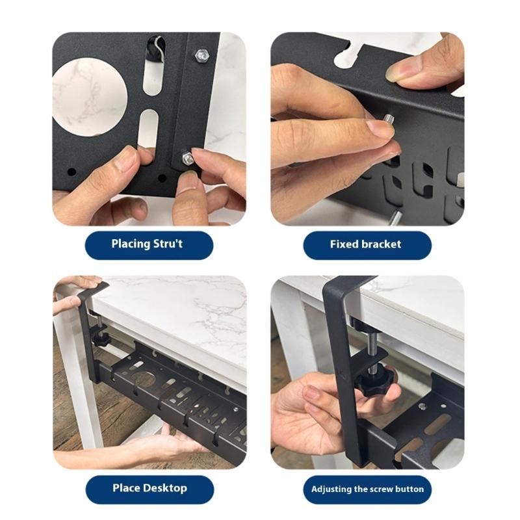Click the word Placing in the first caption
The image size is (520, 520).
pos(132,244)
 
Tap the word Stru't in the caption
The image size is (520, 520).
pos(170,244)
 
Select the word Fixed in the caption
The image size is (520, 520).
pos(344,244)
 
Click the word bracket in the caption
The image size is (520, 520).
pos(381,244)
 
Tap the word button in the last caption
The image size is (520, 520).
pos(409,489)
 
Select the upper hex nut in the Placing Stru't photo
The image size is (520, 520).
pos(201,56)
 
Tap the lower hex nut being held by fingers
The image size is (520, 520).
pos(188,157)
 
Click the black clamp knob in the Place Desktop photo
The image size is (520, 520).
pos(101,339)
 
